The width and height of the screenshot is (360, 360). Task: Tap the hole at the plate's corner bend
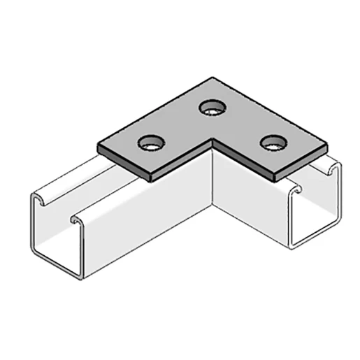point(210,108)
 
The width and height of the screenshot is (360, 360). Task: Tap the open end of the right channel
point(315,210)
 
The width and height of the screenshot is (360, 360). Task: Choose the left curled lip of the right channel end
point(298,187)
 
